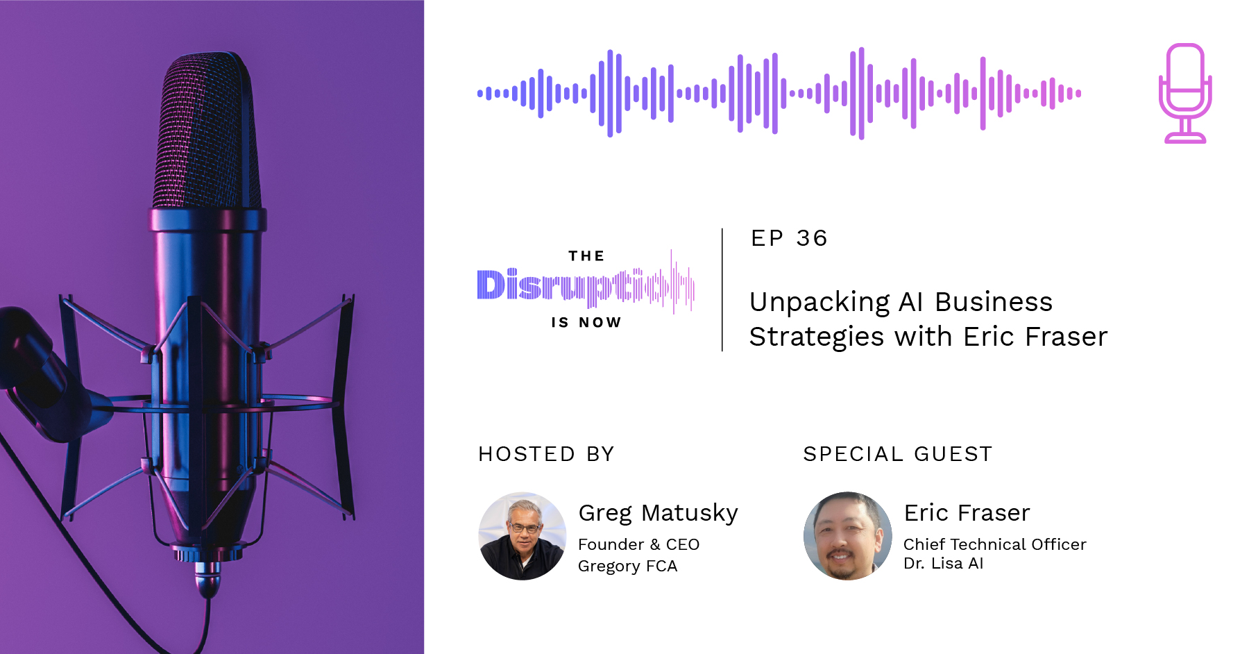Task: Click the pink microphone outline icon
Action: (x=1185, y=93)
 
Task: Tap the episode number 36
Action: (x=812, y=238)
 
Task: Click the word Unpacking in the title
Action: (x=819, y=303)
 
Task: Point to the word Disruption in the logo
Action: (x=584, y=285)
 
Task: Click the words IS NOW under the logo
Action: (x=586, y=322)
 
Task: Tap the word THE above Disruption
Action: (x=586, y=256)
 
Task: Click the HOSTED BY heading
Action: (x=546, y=454)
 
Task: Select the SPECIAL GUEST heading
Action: (x=897, y=454)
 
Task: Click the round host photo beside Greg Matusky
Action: (x=522, y=536)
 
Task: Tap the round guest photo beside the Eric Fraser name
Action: (x=847, y=536)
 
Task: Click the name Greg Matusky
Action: (x=658, y=513)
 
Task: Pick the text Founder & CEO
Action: (x=638, y=544)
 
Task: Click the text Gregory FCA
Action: (x=627, y=566)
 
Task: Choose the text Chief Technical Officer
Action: (x=994, y=544)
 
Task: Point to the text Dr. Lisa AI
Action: (x=943, y=563)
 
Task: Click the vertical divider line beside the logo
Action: (x=722, y=290)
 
